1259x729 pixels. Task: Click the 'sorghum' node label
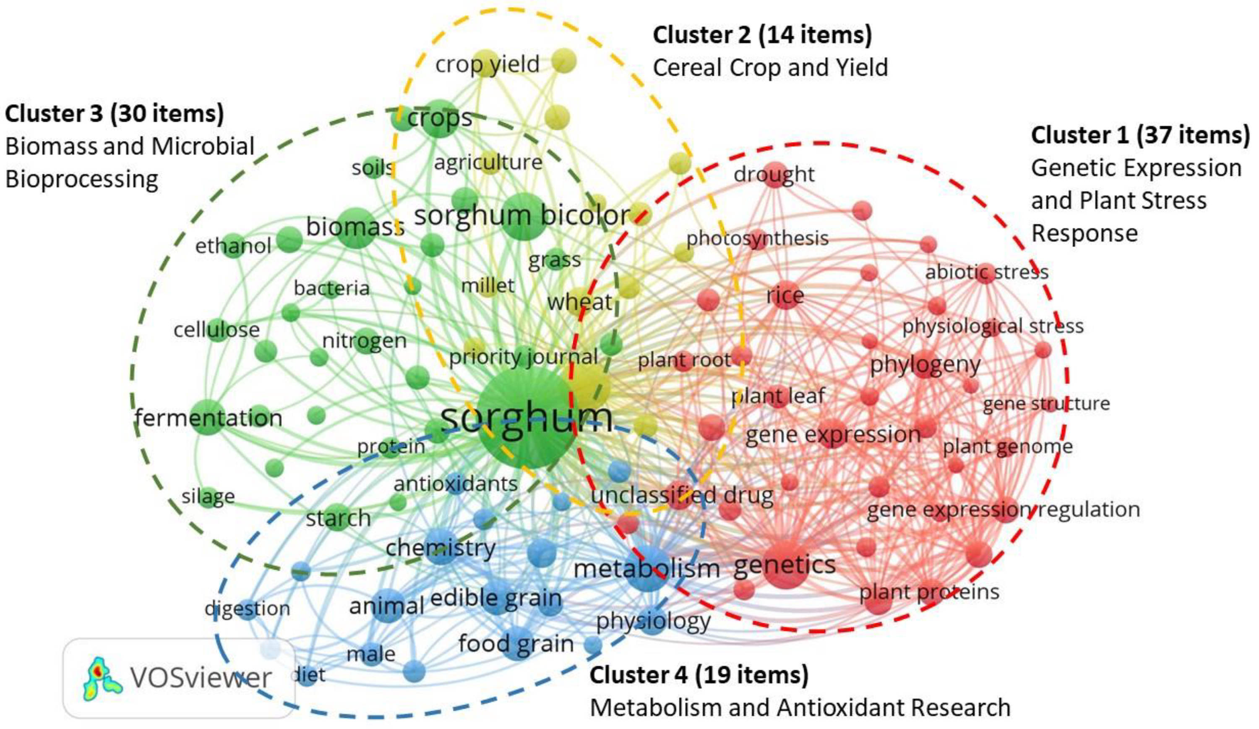526,417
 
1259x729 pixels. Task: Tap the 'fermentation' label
209,418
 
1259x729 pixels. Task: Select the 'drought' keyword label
774,174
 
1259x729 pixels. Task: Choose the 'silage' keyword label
208,496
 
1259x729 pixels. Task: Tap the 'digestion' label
247,608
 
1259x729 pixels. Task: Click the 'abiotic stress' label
987,272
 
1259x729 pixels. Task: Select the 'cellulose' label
216,330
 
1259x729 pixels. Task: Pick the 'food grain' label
516,643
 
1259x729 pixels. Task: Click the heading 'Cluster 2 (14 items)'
762,35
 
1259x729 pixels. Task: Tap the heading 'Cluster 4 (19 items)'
699,675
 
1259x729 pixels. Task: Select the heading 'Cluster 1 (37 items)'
1140,136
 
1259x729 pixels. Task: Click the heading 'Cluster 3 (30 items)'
115,113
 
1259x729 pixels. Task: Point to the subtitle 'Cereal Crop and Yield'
770,68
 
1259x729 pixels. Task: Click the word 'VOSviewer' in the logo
201,678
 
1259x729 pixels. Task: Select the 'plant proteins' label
929,592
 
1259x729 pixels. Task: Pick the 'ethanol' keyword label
233,246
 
